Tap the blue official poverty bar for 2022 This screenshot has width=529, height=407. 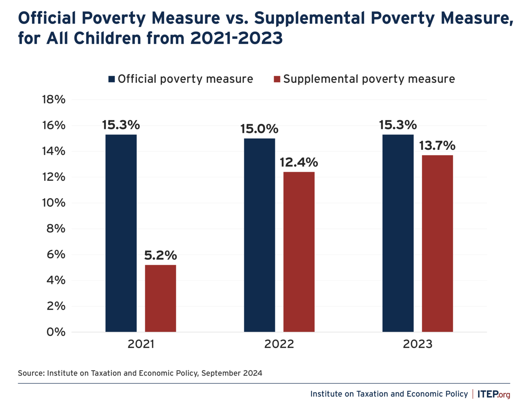[259, 235]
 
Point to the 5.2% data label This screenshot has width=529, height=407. [160, 255]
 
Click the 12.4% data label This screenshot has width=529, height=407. [299, 162]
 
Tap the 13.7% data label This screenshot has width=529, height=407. [437, 146]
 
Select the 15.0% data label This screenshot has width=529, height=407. [259, 129]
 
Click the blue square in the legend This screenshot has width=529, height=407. [112, 79]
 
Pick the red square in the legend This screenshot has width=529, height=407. [277, 79]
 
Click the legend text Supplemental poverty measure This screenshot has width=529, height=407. [369, 79]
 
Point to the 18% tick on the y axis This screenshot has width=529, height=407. [54, 100]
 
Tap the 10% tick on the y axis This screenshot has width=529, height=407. [54, 203]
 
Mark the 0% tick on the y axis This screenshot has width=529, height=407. [56, 332]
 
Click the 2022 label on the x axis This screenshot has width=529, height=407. [279, 344]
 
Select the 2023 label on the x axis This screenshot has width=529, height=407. [417, 344]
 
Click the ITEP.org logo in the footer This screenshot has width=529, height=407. [494, 394]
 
